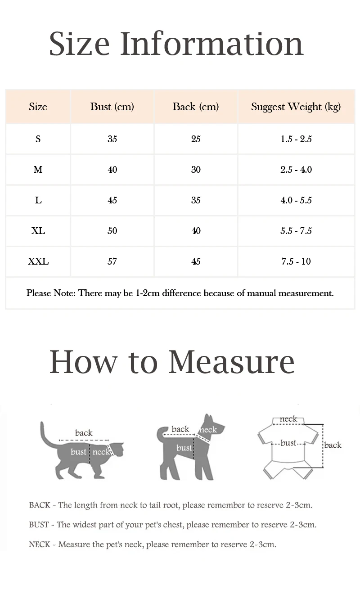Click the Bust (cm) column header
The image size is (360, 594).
(112, 107)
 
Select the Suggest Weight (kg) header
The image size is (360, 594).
(296, 107)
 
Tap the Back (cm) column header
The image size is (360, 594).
(196, 107)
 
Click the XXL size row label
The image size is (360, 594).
(38, 261)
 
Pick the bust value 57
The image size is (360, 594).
(112, 261)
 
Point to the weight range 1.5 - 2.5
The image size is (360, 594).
(296, 139)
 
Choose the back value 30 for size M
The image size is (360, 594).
(196, 170)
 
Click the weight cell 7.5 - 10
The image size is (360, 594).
(296, 261)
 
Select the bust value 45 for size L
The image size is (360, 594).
(112, 200)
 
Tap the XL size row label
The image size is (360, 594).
(38, 231)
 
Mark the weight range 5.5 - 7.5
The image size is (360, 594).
(296, 231)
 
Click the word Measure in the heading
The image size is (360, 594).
(231, 361)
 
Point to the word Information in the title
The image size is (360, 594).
(211, 44)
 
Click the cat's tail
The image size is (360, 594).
(45, 436)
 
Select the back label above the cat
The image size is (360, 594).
(84, 433)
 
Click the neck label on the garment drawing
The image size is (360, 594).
(288, 419)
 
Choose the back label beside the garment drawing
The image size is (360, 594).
(333, 445)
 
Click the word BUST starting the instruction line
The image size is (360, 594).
(39, 525)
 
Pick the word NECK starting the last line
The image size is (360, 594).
(40, 544)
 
